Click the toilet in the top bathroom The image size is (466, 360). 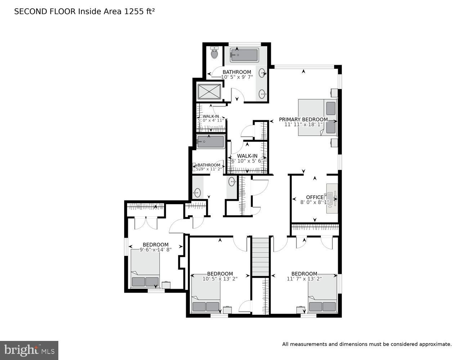click(x=214, y=53)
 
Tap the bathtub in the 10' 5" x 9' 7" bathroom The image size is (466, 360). click(x=244, y=55)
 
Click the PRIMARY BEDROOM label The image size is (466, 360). click(x=303, y=120)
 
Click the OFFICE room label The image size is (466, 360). click(x=315, y=197)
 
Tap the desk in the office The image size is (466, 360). click(x=332, y=198)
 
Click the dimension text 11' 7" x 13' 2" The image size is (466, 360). click(x=304, y=279)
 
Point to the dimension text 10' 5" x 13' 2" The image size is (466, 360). click(x=220, y=279)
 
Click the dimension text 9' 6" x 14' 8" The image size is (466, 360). click(x=155, y=249)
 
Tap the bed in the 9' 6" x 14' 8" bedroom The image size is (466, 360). click(x=145, y=269)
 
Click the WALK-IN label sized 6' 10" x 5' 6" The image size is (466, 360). click(x=247, y=156)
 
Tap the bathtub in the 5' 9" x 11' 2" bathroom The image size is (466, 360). click(x=210, y=141)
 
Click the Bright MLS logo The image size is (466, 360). click(x=29, y=350)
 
